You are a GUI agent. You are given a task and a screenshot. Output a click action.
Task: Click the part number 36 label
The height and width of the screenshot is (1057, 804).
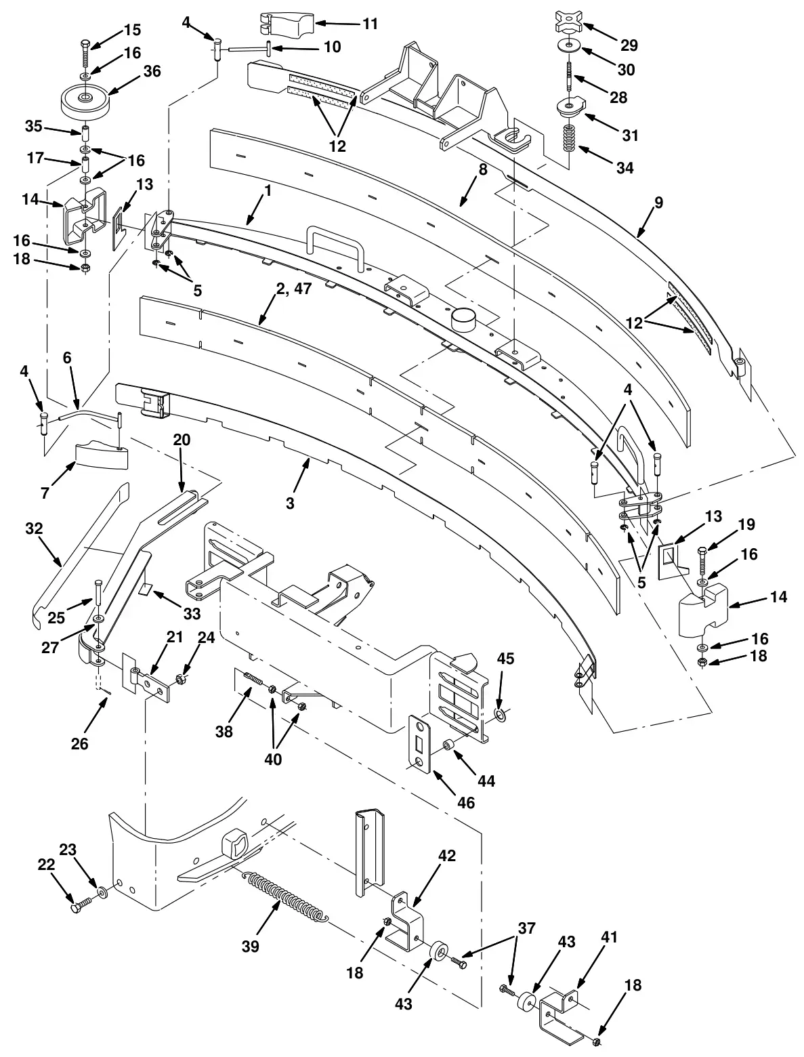152,71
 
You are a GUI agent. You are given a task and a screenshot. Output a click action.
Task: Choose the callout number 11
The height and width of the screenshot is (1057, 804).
370,24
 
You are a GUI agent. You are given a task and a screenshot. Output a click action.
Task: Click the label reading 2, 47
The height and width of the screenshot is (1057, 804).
294,289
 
